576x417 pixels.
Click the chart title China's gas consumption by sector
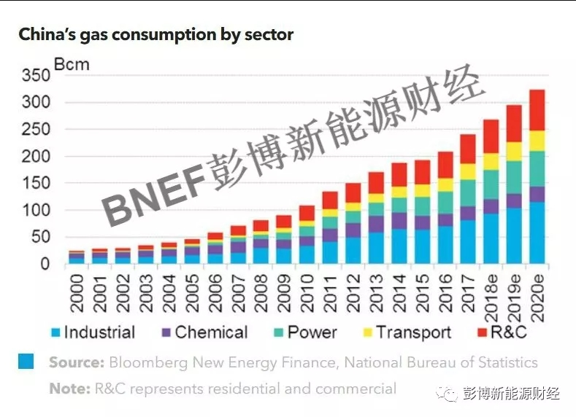coord(155,34)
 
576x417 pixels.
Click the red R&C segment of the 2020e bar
coord(537,110)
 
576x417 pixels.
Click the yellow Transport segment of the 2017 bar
coord(468,171)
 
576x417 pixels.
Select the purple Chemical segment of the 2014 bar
coord(399,221)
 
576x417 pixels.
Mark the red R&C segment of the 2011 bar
coord(329,200)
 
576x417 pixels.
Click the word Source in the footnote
coord(76,362)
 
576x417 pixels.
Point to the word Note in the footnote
coord(68,389)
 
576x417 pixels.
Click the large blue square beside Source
coord(26,361)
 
